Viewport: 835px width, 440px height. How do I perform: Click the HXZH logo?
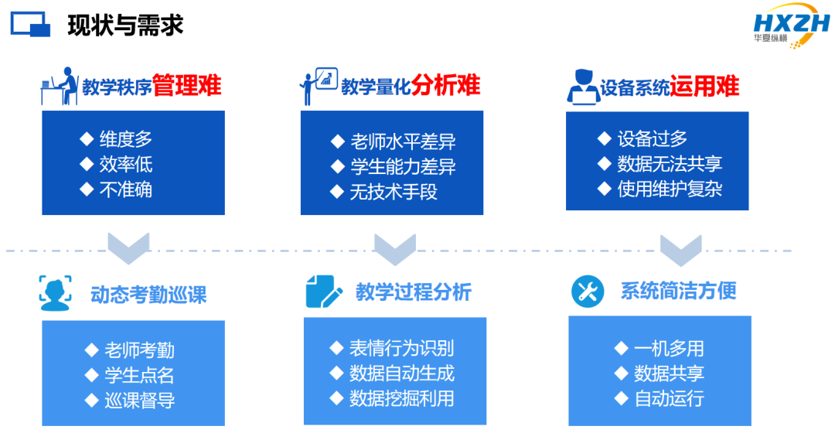792,25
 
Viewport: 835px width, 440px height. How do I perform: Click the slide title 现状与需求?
125,25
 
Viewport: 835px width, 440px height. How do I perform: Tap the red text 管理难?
187,85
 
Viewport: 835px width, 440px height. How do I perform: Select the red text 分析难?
446,85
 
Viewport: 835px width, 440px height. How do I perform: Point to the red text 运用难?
704,87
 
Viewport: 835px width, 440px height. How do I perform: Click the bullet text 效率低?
126,164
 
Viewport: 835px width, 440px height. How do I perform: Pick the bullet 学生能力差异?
403,167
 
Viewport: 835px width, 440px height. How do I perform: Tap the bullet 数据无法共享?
670,163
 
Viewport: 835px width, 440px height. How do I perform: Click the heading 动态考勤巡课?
148,295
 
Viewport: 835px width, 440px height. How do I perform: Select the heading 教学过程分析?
413,292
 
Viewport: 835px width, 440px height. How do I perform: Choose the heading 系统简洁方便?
679,291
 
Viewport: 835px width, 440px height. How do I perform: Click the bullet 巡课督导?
139,400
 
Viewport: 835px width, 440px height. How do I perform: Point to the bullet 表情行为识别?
401,349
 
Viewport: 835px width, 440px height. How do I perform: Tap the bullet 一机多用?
669,349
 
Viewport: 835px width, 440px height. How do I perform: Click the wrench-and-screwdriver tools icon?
588,292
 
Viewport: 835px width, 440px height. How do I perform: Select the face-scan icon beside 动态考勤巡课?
56,293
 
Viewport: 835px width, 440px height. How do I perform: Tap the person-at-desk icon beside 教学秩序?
60,86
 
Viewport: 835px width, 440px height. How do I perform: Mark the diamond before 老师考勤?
91,350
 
